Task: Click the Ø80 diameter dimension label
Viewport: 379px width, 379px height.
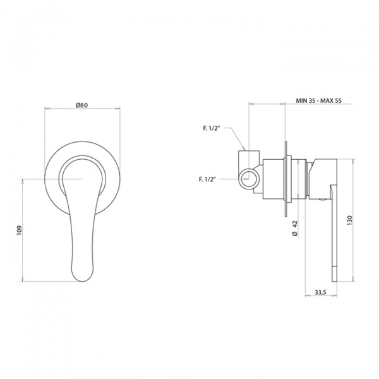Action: (x=81, y=105)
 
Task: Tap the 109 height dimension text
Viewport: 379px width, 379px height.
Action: (x=20, y=230)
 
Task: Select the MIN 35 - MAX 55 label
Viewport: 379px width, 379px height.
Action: (x=319, y=101)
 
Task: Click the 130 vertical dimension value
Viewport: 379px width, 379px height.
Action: (x=350, y=220)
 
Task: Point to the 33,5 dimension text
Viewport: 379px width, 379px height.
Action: (x=320, y=292)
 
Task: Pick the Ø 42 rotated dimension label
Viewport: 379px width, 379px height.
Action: (x=296, y=228)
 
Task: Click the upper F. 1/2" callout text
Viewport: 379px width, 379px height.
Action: (x=212, y=128)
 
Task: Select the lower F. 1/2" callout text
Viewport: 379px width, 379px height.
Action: (x=207, y=179)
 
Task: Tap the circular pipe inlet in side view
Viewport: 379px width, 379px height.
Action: (x=248, y=179)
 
